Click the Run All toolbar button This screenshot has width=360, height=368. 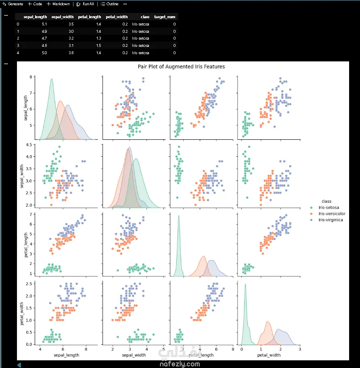(x=86, y=4)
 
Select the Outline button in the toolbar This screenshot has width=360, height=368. (x=109, y=4)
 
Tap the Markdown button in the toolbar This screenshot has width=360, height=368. (x=58, y=4)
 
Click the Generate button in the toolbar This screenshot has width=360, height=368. (x=13, y=4)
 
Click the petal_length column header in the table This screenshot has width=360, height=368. (x=89, y=17)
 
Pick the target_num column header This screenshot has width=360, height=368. (x=165, y=17)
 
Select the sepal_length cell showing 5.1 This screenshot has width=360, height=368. (x=44, y=24)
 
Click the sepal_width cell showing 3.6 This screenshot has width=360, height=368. (x=71, y=53)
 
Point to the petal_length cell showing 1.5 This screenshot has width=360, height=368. (x=98, y=46)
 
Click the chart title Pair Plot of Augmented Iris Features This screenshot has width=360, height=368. (x=181, y=67)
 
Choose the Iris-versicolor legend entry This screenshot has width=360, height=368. (x=332, y=214)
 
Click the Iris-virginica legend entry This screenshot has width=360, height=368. (x=331, y=220)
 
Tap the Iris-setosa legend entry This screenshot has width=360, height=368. (x=329, y=208)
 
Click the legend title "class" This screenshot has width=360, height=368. (x=326, y=201)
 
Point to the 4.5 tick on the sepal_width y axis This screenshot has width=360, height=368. (x=29, y=145)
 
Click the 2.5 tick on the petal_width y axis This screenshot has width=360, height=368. (x=29, y=284)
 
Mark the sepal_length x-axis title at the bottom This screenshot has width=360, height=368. (x=66, y=355)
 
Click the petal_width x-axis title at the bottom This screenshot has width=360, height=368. (x=269, y=355)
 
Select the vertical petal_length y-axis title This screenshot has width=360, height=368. (x=26, y=245)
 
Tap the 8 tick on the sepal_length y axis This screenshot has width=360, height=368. (x=31, y=77)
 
